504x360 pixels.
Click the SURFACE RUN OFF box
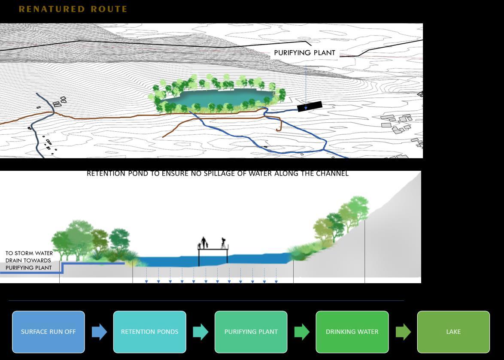click(x=49, y=332)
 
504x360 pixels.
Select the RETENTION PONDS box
click(x=149, y=332)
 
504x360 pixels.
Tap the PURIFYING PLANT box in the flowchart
click(x=251, y=332)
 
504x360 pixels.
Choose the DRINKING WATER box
click(x=352, y=332)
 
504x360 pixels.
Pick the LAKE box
click(x=453, y=332)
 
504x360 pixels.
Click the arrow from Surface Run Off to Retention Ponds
click(x=99, y=332)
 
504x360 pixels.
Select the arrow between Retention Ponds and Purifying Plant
click(x=200, y=332)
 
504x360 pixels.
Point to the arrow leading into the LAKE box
click(x=403, y=332)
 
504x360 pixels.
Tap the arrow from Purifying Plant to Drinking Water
click(x=302, y=332)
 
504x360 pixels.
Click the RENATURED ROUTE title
click(x=73, y=9)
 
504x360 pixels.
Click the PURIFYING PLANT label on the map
click(x=304, y=53)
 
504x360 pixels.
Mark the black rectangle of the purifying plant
click(x=310, y=106)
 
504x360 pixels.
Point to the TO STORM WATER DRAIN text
click(x=29, y=260)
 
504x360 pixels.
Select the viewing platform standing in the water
click(x=213, y=257)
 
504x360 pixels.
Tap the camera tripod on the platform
click(x=223, y=243)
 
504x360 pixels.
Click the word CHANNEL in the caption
click(x=332, y=173)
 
